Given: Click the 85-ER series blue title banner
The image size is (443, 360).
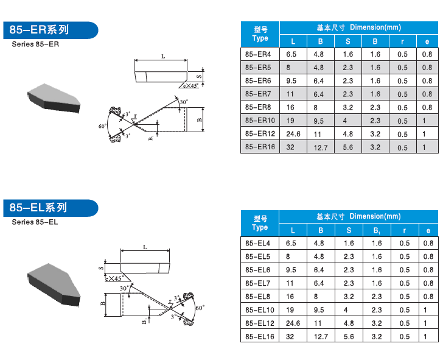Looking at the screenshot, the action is pos(51,30).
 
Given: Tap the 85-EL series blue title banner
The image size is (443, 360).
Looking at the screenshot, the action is pos(51,208).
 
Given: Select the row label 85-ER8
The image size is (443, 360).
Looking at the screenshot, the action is pos(258,107).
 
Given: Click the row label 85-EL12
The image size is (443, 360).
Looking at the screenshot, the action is pos(260,323).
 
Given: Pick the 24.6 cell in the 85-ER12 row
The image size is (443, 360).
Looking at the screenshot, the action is pos(293,134).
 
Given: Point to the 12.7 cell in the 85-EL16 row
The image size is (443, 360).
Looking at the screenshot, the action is pos(321,336).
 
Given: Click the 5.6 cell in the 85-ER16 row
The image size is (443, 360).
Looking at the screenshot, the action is pos(348,147).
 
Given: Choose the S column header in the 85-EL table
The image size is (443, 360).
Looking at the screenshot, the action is pos(349,230).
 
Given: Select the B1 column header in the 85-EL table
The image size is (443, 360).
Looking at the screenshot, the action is pos(377,230).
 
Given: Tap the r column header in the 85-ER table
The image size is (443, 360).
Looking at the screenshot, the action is pos(402,41).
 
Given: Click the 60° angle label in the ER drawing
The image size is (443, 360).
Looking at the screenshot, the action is pos(102,126).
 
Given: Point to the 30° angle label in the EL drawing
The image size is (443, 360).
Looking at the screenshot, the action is pos(124,288).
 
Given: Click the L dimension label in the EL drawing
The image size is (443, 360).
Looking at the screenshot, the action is pos(145,247).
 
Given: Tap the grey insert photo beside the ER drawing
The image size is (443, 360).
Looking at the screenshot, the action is pos(54,98).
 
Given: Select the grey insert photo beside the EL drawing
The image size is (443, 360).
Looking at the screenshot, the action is pos(54,284).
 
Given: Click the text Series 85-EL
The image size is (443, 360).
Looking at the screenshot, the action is pos(35,222).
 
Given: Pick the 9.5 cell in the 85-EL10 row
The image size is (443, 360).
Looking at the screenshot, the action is pos(318,309).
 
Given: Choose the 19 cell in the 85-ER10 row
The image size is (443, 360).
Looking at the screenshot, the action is pos(290,121).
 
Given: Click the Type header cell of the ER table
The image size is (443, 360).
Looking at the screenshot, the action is pos(260,34).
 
